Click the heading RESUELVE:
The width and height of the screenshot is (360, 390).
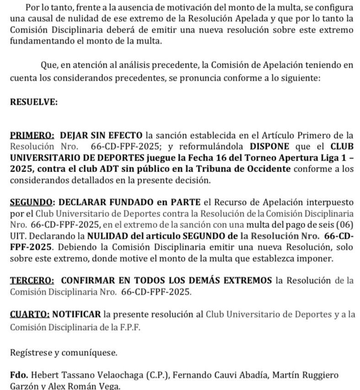pyautogui.click(x=34, y=102)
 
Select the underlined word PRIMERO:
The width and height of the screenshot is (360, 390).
pyautogui.click(x=32, y=135)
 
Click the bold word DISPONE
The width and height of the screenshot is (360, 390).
pyautogui.click(x=269, y=146)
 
